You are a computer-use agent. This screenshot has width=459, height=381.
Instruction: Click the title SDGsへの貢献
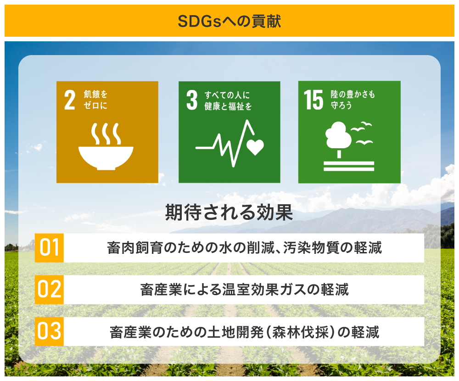pos(229,22)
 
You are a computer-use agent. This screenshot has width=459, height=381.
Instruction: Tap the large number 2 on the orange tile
pos(70,100)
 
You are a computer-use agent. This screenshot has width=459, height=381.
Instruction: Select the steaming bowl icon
pos(106,146)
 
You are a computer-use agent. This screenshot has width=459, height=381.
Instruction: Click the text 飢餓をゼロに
pos(96,100)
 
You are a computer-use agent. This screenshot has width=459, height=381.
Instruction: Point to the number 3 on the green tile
pos(192,100)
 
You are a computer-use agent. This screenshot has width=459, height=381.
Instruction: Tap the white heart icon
pos(255,147)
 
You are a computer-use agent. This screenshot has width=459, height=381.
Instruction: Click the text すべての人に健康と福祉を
pos(228,101)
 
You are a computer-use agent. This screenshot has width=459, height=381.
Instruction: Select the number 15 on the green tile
pos(313,100)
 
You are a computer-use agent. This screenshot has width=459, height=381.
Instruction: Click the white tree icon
pos(339,138)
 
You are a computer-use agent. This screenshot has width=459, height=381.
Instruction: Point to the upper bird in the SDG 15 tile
pos(362,127)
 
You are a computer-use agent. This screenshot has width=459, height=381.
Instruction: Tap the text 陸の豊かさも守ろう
pos(353,100)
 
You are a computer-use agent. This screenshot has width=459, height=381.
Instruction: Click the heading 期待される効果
pos(229,212)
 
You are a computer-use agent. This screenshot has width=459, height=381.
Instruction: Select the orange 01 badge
pos(49,248)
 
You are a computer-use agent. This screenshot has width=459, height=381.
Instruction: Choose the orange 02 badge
pos(49,289)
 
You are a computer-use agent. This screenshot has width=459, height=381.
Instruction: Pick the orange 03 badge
pos(49,331)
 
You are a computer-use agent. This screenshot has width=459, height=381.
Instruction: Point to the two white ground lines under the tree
pos(349,166)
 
